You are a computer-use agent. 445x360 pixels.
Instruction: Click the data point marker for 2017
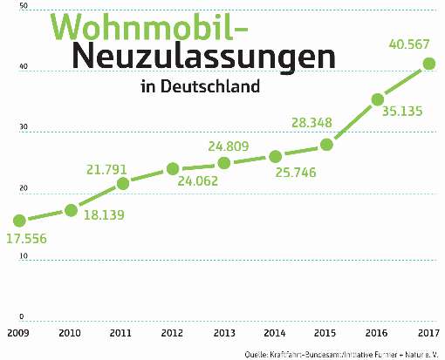pyautogui.click(x=428, y=63)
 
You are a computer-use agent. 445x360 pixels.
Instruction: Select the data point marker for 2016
pyautogui.click(x=378, y=99)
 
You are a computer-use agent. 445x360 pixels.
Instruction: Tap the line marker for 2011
pyautogui.click(x=123, y=183)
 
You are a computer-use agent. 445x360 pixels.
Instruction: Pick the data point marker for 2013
pyautogui.click(x=224, y=163)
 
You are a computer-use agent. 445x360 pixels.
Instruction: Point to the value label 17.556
pyautogui.click(x=32, y=238)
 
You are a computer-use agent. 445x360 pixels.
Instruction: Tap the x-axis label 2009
pyautogui.click(x=18, y=332)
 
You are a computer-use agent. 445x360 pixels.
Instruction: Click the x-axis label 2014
pyautogui.click(x=276, y=332)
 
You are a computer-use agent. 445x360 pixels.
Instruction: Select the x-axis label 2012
pyautogui.click(x=173, y=332)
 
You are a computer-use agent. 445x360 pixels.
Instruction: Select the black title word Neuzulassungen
pyautogui.click(x=202, y=58)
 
